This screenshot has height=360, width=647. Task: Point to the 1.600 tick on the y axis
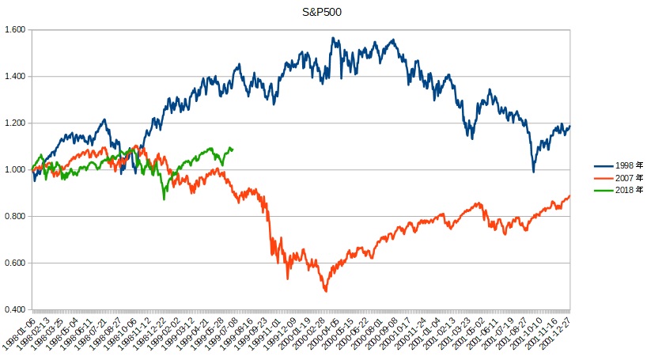coord(15,30)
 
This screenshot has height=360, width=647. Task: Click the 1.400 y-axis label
coord(15,77)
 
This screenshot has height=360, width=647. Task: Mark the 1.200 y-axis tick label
coord(15,123)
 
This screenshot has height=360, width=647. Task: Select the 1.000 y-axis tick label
coord(15,170)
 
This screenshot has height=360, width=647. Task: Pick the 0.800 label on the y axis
coord(15,217)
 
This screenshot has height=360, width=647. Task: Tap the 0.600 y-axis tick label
coord(15,263)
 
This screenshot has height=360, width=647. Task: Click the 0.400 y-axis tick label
coord(15,309)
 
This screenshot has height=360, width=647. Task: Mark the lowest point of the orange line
coord(325,291)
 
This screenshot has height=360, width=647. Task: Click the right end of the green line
coord(232,149)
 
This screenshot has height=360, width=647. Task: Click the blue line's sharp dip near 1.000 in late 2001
coord(534,172)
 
